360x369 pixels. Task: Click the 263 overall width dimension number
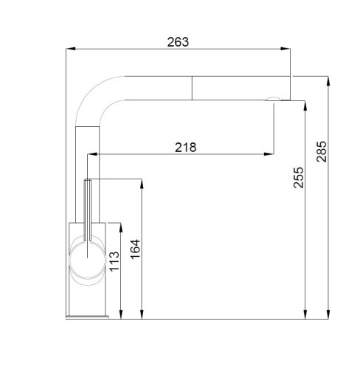click(x=179, y=42)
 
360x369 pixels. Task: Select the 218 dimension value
click(x=185, y=147)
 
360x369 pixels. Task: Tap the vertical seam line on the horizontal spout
click(x=193, y=86)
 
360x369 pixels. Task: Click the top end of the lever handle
click(x=89, y=182)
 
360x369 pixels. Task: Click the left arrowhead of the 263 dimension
click(x=70, y=49)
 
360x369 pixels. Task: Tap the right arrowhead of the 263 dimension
click(x=288, y=49)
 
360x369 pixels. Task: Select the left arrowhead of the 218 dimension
click(x=92, y=155)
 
